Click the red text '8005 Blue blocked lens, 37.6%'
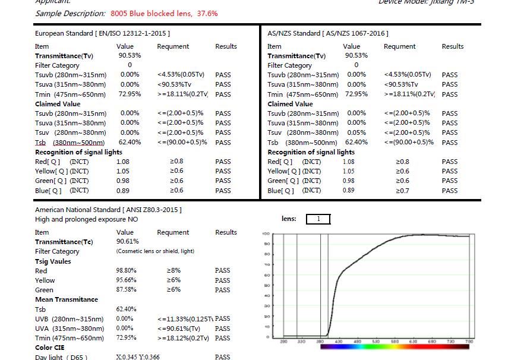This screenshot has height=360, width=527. [x=164, y=13]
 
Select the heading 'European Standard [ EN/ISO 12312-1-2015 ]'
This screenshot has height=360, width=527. [x=102, y=34]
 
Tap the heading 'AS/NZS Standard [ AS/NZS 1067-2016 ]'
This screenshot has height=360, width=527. [x=328, y=34]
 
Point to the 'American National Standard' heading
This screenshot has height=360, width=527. [x=108, y=210]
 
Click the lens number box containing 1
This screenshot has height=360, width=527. [x=318, y=219]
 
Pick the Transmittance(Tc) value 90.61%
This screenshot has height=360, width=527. [x=128, y=242]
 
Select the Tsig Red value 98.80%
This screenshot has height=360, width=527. [x=126, y=271]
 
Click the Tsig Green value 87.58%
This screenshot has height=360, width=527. [x=126, y=290]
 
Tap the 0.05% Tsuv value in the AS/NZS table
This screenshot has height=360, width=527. [x=356, y=132]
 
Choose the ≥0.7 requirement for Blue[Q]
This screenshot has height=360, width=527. [x=402, y=191]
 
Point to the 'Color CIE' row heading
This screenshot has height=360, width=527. [x=50, y=348]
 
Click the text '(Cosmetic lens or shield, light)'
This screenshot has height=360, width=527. [x=155, y=251]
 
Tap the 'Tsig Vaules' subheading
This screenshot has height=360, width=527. [x=53, y=261]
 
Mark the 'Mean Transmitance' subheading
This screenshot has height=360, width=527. [x=67, y=299]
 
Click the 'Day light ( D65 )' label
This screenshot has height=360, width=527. [x=61, y=357]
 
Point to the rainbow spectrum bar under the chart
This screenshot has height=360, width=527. [x=394, y=346]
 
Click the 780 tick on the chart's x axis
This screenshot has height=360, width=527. [x=469, y=342]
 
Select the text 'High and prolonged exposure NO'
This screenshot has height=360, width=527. [x=86, y=219]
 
